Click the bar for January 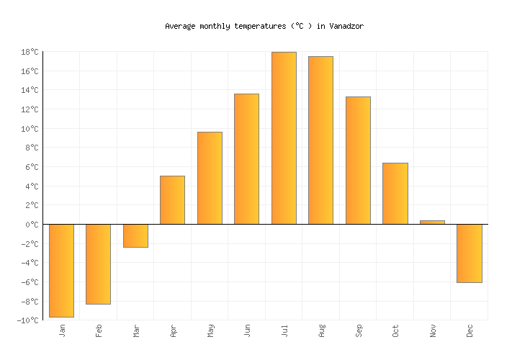click(x=61, y=270)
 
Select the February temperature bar click(x=98, y=264)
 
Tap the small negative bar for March click(x=135, y=235)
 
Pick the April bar click(x=172, y=199)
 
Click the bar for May click(x=210, y=178)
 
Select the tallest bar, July click(x=284, y=138)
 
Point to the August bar click(x=320, y=140)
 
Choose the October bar click(x=395, y=193)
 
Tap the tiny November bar click(x=432, y=222)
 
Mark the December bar click(x=469, y=253)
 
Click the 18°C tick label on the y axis click(x=30, y=52)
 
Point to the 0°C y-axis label click(x=32, y=225)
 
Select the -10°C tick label click(x=28, y=320)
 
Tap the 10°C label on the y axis click(x=30, y=129)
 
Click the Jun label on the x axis click(x=247, y=330)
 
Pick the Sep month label click(x=359, y=330)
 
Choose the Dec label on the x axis click(x=470, y=330)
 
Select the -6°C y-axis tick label click(x=30, y=282)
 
